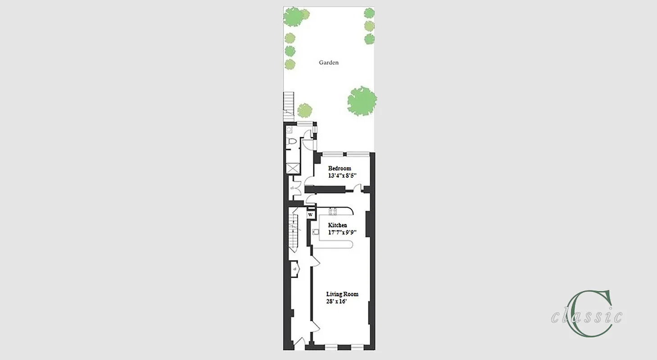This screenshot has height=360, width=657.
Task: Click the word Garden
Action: pyautogui.click(x=329, y=63)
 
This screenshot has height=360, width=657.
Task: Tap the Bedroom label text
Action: pyautogui.click(x=340, y=169)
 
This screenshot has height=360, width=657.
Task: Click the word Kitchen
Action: pyautogui.click(x=337, y=225)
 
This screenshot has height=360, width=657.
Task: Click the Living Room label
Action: pyautogui.click(x=342, y=294)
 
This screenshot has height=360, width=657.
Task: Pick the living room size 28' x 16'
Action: pyautogui.click(x=336, y=301)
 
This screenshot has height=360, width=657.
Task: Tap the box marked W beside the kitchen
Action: pyautogui.click(x=310, y=215)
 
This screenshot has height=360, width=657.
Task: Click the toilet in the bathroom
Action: pyautogui.click(x=291, y=143)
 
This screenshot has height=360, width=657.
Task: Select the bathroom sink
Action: pyautogui.click(x=289, y=130)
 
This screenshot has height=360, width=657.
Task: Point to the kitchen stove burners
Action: pyautogui.click(x=333, y=211)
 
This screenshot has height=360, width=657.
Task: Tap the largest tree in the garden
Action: pyautogui.click(x=362, y=101)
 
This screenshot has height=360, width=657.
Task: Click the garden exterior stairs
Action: pyautogui.click(x=288, y=106)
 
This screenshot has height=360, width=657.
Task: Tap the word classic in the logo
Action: pyautogui.click(x=587, y=317)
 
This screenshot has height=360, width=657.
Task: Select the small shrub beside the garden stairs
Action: pyautogui.click(x=305, y=110)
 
